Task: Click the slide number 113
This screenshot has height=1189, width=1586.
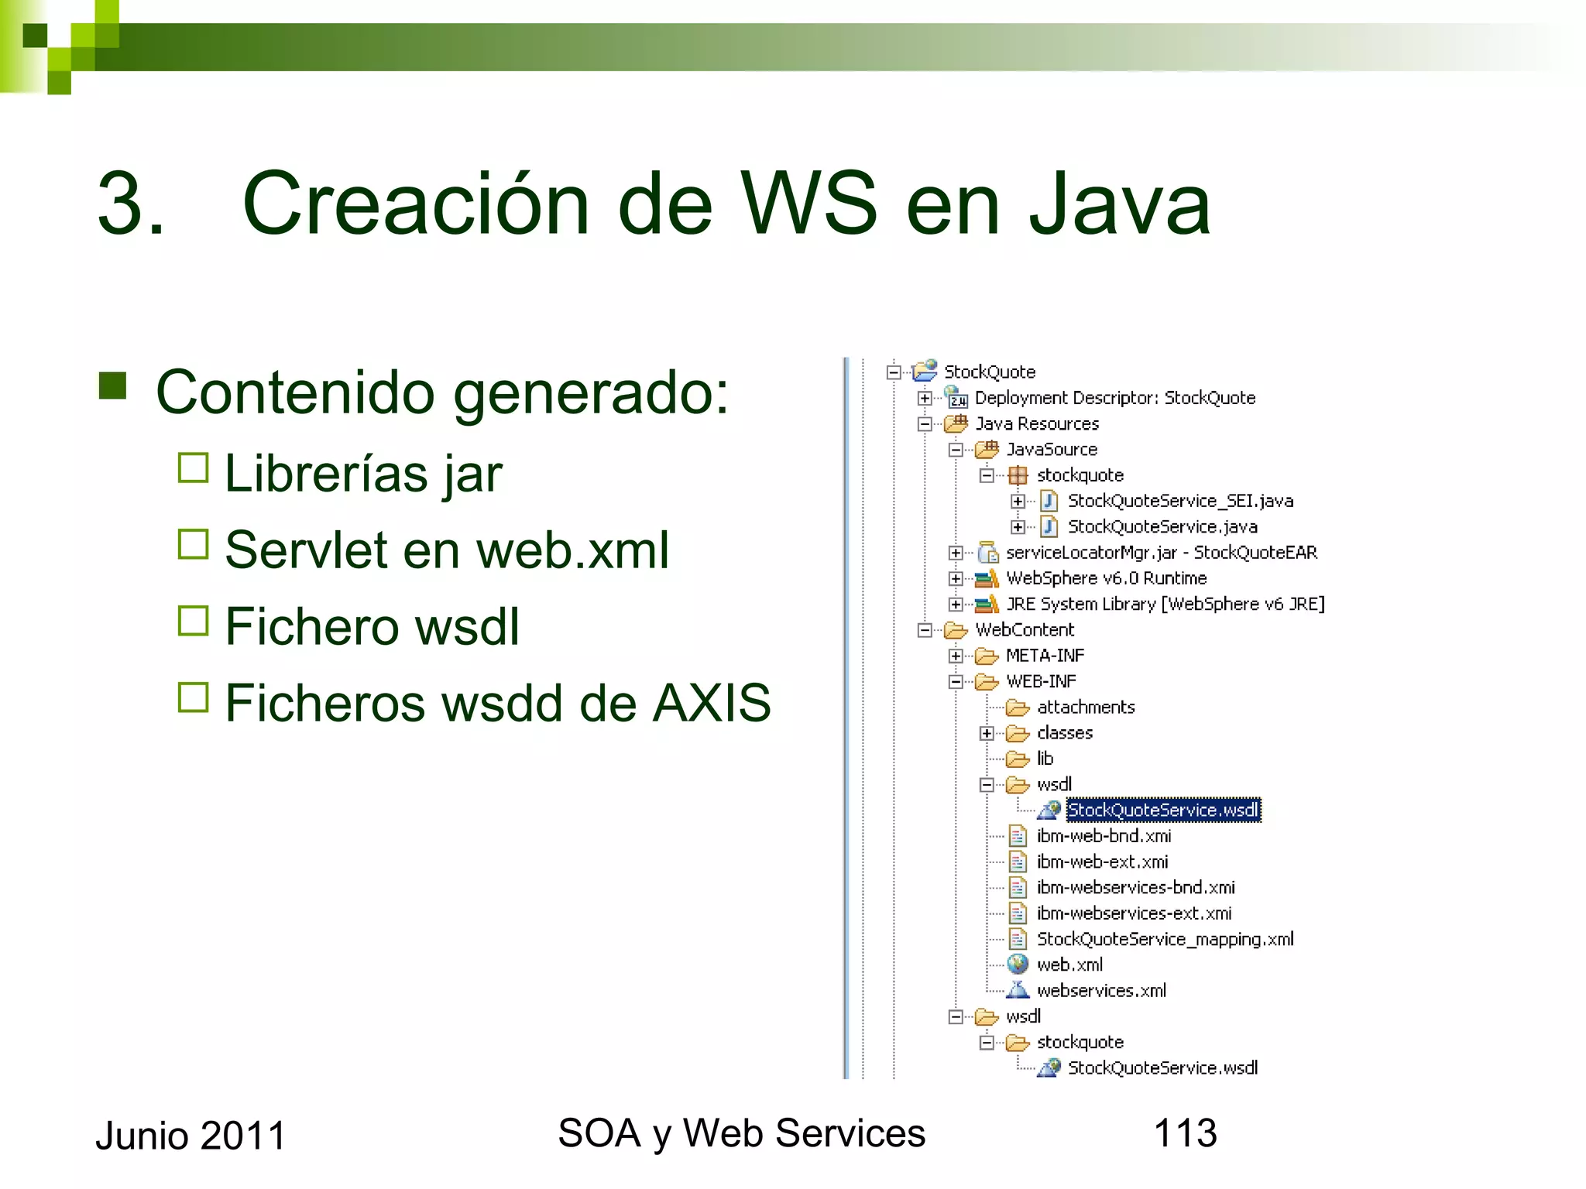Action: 1184,1132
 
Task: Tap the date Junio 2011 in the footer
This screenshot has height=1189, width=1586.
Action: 191,1136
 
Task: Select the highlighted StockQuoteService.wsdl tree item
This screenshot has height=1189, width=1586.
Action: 1162,810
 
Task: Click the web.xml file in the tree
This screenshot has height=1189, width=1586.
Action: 1069,965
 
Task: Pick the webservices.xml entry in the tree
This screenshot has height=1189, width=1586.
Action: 1100,990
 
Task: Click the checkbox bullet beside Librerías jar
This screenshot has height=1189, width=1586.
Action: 193,468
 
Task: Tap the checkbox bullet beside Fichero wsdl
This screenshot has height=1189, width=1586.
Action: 193,620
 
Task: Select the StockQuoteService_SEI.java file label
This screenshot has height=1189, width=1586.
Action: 1179,501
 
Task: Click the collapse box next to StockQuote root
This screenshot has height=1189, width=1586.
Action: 894,372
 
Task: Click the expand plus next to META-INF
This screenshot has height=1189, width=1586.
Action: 956,656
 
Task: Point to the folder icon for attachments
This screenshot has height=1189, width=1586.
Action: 1017,708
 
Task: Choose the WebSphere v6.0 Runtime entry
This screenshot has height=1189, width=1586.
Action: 1105,578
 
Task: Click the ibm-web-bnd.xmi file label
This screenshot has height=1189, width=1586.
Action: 1104,836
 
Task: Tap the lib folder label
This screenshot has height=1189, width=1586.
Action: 1045,759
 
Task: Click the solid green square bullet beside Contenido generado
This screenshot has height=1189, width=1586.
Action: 112,385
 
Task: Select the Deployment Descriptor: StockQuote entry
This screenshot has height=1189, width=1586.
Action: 1114,398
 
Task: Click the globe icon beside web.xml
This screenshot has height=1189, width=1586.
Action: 1017,965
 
